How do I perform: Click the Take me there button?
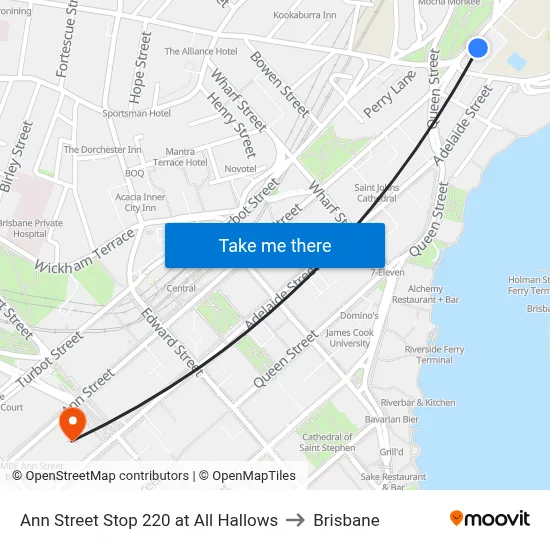(x=275, y=245)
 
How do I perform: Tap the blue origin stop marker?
(x=478, y=48)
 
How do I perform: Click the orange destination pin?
(x=73, y=423)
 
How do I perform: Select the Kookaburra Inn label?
(x=305, y=16)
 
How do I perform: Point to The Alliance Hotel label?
(x=200, y=51)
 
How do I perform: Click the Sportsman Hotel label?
(x=136, y=113)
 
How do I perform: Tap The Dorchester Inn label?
(x=103, y=149)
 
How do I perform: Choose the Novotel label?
(x=240, y=169)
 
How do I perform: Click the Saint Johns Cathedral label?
(x=376, y=192)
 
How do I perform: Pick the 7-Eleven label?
(x=387, y=272)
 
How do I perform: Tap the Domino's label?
(x=358, y=316)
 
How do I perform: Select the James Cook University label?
(x=350, y=337)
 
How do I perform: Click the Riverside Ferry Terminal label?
(x=434, y=354)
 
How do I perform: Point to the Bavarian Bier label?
(x=392, y=419)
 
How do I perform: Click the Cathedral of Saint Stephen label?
(x=327, y=442)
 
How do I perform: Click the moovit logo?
(x=490, y=519)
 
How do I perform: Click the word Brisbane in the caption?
(x=346, y=520)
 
